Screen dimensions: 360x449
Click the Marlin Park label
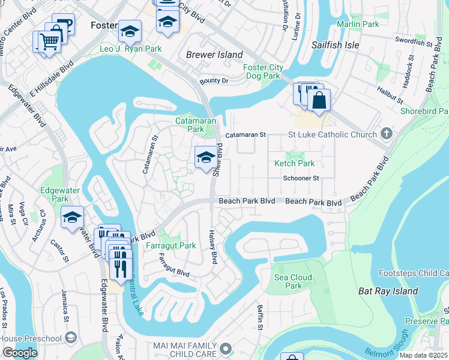(x=358, y=24)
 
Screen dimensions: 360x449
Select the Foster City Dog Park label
(x=262, y=71)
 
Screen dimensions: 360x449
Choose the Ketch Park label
(x=294, y=163)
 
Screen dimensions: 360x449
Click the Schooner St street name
(x=301, y=178)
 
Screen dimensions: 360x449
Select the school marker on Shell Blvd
(x=205, y=158)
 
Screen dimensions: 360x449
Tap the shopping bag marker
(x=319, y=100)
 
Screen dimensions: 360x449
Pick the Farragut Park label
(x=170, y=245)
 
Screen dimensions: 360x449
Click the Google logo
(x=20, y=352)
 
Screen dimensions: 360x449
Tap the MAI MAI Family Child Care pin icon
(x=226, y=348)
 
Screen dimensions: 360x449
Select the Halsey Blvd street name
(x=212, y=247)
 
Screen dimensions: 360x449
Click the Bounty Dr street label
(x=214, y=81)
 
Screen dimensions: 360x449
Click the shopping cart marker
(x=49, y=41)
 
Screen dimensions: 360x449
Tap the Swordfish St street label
(x=414, y=41)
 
